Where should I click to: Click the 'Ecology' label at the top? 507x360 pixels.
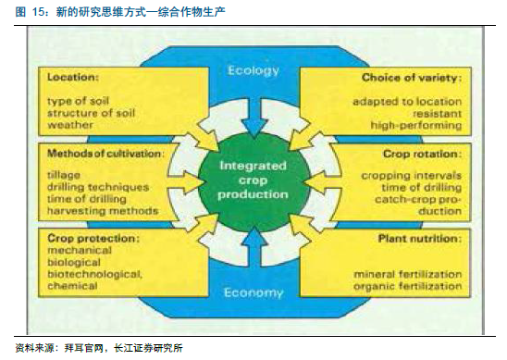[253, 70]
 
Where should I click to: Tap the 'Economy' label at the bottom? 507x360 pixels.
[253, 292]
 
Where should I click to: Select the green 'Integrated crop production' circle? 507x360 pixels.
[253, 181]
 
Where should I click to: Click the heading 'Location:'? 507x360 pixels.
[73, 78]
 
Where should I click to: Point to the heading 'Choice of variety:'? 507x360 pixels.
[412, 78]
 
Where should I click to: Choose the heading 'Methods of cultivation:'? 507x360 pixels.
[105, 154]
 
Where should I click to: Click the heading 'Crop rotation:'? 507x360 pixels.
[422, 154]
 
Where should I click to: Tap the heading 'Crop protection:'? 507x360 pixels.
[93, 239]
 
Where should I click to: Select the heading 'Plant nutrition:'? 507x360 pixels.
[419, 239]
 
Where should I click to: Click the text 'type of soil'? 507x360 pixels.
[78, 101]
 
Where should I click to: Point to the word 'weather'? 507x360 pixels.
[69, 125]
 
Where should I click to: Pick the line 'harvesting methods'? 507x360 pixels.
[103, 211]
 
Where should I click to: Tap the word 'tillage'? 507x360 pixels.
[63, 175]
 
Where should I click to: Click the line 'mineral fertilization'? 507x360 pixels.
[407, 274]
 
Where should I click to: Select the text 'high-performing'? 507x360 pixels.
[415, 125]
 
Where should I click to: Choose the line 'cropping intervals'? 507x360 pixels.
[412, 176]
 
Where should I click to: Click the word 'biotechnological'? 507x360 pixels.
[94, 274]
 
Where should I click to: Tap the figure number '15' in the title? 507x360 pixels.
[38, 12]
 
